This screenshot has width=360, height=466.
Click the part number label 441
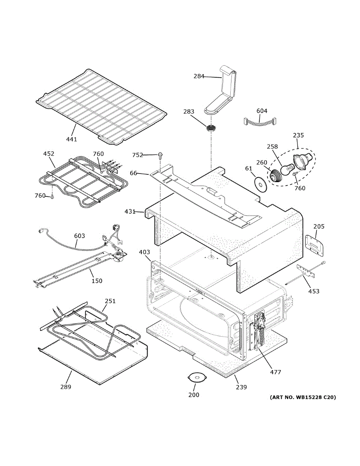coord(71,139)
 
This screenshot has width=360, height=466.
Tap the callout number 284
coord(199,76)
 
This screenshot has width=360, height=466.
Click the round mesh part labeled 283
coord(211,128)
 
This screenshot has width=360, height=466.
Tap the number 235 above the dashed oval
coord(298,136)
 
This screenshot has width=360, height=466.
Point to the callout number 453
coord(314,291)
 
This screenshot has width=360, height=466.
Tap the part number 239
coord(241,387)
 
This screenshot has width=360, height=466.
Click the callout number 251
coord(110,301)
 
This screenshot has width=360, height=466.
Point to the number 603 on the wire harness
coord(79,236)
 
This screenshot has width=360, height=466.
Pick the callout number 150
coord(97,281)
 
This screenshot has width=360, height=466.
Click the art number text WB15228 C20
coord(303,397)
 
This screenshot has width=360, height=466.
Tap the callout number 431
coord(130,212)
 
